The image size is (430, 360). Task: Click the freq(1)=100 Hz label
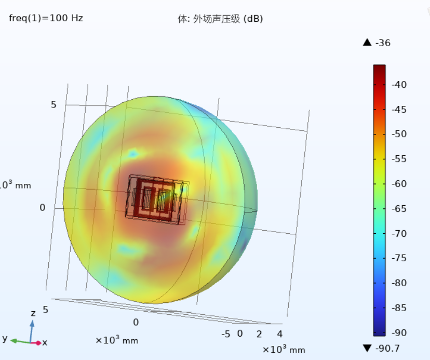click(46, 18)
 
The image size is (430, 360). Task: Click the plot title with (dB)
click(220, 19)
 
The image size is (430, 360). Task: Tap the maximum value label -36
click(383, 43)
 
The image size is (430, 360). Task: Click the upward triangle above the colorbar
click(367, 43)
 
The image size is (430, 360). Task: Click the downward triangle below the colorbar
click(367, 348)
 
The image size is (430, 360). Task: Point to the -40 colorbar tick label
click(399, 85)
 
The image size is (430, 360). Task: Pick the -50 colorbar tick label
click(399, 134)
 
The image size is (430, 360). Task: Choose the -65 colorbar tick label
click(399, 209)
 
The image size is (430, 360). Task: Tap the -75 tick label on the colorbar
click(399, 258)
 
